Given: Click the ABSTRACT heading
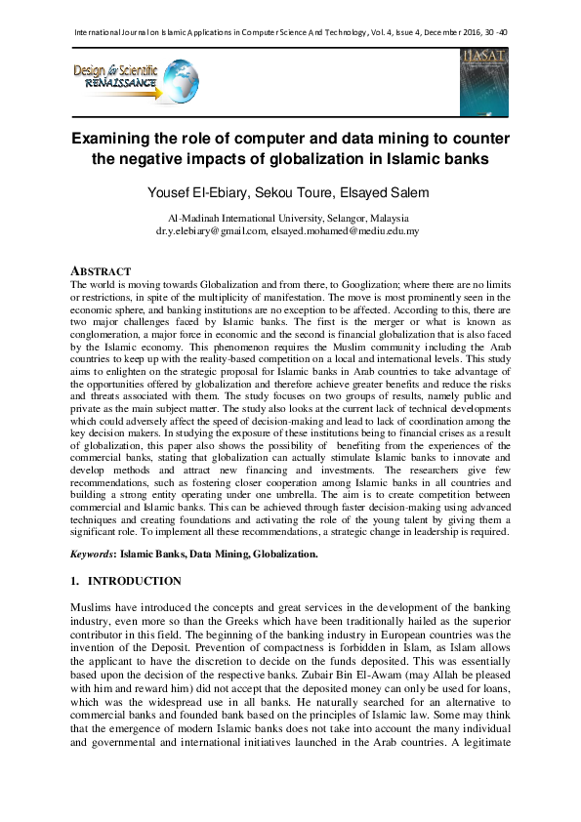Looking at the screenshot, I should coord(101,269).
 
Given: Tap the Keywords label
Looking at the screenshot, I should coord(92,554).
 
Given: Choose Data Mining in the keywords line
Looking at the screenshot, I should coord(220,554).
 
